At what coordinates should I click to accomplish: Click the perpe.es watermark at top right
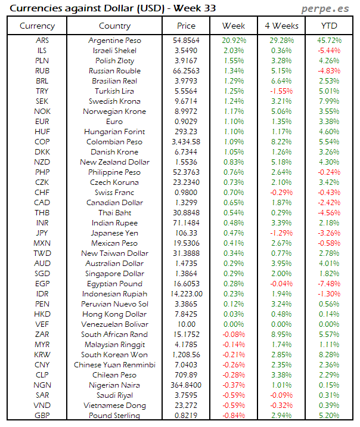pos(326,8)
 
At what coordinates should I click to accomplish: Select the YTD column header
pos(328,26)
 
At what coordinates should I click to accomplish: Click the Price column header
pos(186,26)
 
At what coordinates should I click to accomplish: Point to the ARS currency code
pos(42,41)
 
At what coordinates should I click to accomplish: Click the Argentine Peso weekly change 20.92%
pos(234,41)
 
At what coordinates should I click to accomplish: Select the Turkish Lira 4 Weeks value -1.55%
pos(281,91)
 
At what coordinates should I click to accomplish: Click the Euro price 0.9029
pos(186,122)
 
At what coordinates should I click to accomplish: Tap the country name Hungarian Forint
pos(114,132)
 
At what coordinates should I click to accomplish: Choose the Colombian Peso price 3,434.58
pos(186,142)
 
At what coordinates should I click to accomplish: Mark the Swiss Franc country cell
pos(114,193)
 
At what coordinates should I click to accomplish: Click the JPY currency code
pos(42,233)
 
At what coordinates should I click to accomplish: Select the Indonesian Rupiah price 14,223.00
pos(186,294)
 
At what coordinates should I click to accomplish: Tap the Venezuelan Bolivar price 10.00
pos(186,324)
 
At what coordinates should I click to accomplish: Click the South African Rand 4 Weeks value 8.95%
pos(281,335)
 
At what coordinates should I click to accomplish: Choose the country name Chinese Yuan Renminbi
pos(114,365)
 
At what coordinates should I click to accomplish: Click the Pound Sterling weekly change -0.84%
pos(234,416)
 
